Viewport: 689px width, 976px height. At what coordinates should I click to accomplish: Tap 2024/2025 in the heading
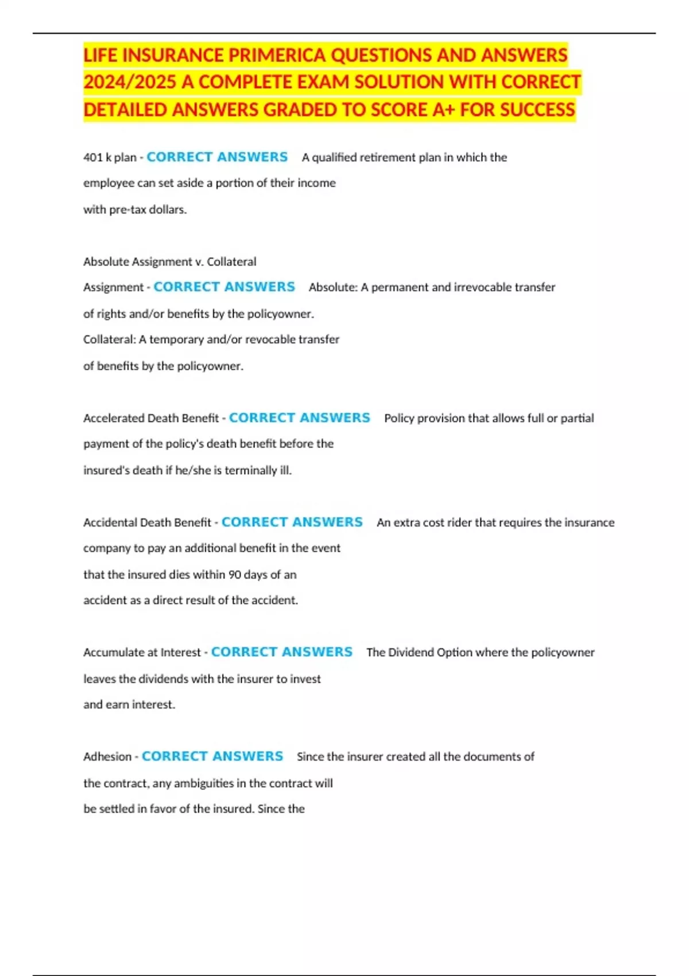point(129,82)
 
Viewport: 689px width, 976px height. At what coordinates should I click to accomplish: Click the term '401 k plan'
point(110,157)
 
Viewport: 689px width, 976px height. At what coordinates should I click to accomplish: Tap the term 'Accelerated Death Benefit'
point(151,418)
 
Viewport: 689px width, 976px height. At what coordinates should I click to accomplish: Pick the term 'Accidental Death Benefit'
point(147,522)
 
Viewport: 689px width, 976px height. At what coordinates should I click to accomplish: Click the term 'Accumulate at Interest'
point(142,652)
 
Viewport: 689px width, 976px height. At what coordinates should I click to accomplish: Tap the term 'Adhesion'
point(107,757)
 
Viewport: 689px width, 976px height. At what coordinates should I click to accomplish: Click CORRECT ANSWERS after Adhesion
point(212,756)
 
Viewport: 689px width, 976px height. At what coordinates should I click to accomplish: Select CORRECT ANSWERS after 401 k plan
point(217,157)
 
